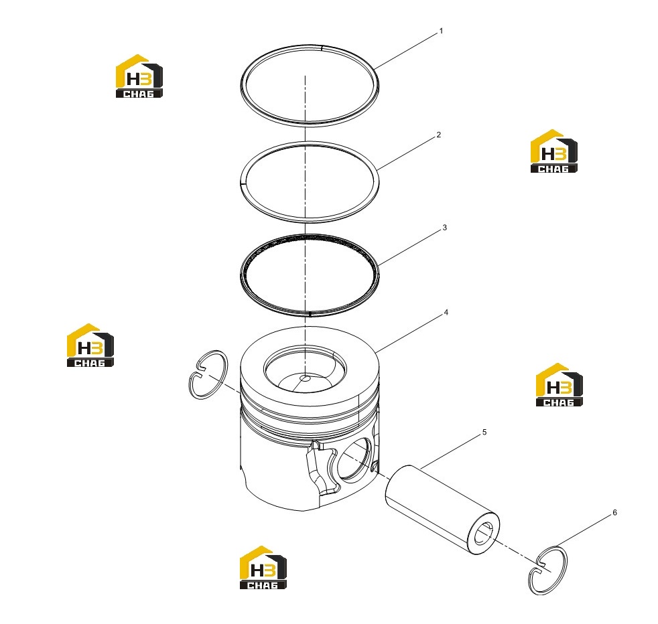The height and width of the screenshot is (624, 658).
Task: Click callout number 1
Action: click(x=441, y=31)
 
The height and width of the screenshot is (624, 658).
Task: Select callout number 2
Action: click(x=438, y=135)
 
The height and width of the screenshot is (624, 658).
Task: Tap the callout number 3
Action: click(x=444, y=227)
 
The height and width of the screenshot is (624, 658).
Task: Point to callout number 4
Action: click(x=446, y=313)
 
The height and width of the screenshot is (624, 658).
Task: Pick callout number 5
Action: click(x=484, y=432)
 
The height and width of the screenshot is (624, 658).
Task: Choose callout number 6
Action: click(x=614, y=512)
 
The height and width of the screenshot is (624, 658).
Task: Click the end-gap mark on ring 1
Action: click(x=322, y=48)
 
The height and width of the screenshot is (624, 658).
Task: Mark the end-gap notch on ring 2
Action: click(x=243, y=182)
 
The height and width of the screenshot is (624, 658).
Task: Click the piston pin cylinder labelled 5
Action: click(x=442, y=510)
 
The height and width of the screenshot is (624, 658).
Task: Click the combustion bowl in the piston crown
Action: click(x=305, y=369)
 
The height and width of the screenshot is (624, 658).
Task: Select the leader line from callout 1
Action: click(x=405, y=51)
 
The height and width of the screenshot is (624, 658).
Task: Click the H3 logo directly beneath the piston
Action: click(x=263, y=567)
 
